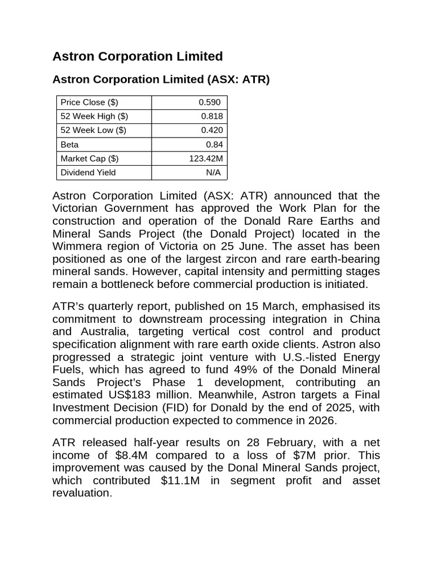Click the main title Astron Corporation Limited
(x=137, y=56)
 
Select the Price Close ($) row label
(x=89, y=102)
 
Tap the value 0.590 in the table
(x=210, y=102)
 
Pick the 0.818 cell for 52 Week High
(x=212, y=116)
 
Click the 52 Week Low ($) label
(x=93, y=130)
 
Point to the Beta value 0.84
(x=214, y=144)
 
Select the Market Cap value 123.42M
(x=206, y=158)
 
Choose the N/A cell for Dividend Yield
(x=214, y=172)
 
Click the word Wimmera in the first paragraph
(x=77, y=246)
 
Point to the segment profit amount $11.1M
(x=173, y=480)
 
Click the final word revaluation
(x=82, y=492)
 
